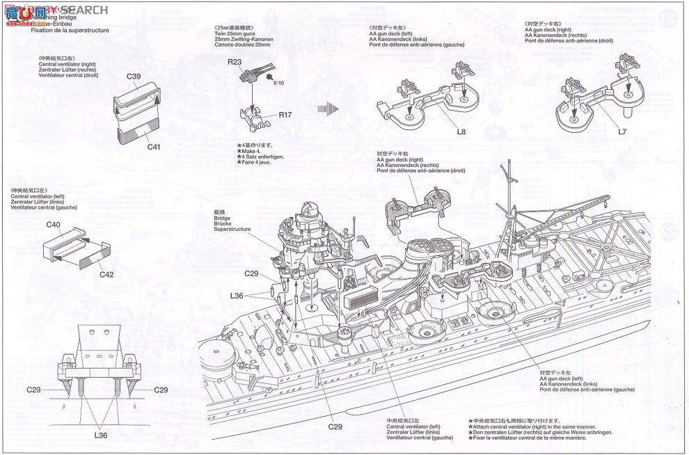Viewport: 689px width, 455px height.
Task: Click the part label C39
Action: pos(134,77)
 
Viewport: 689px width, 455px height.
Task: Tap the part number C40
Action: pos(54,225)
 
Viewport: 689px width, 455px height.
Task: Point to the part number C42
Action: pos(106,274)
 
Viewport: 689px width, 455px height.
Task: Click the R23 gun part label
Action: pos(234,62)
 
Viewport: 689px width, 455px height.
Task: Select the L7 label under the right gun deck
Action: pos(622,130)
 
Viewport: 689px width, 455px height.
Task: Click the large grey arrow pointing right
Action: pos(326,109)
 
